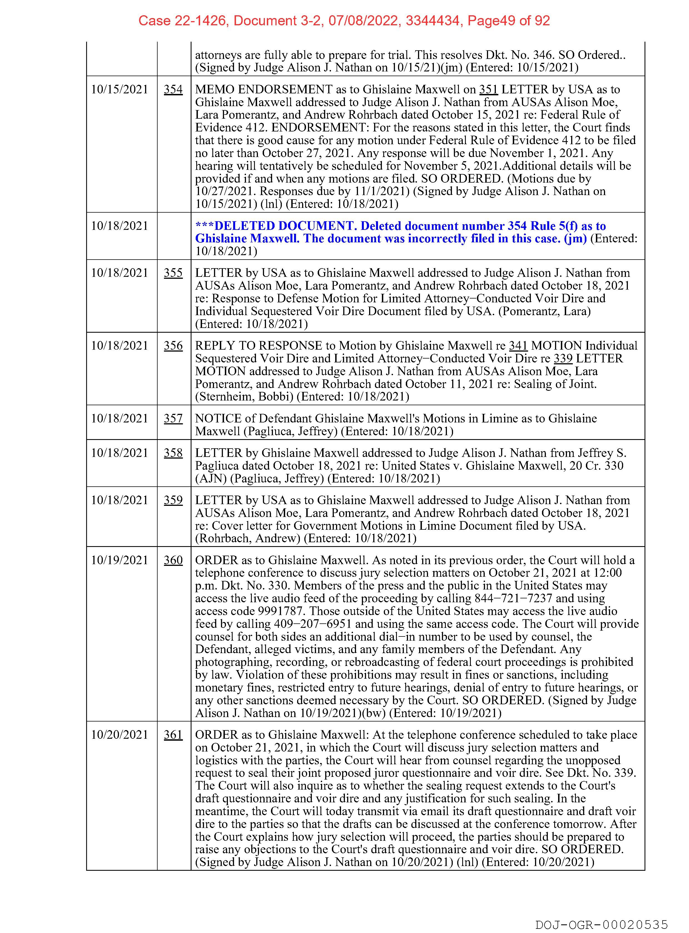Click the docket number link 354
[x=173, y=90]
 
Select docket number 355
[x=173, y=273]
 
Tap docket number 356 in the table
[x=173, y=346]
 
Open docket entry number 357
[x=173, y=419]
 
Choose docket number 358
[x=173, y=453]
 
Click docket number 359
[x=173, y=501]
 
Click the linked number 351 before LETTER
[x=488, y=90]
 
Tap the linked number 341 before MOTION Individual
[x=518, y=346]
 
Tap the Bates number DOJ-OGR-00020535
[x=602, y=924]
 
